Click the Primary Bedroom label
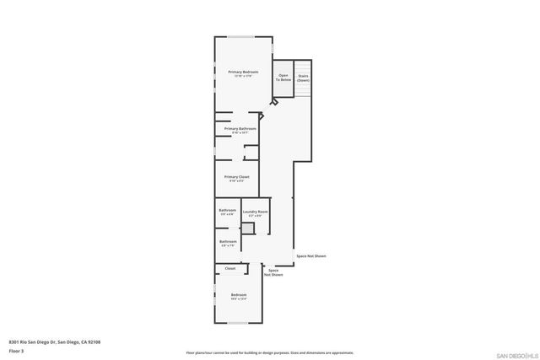(243, 73)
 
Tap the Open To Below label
(283, 77)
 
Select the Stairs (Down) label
(303, 78)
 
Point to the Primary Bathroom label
(240, 130)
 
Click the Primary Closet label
(236, 178)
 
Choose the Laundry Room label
(256, 212)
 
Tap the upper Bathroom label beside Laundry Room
(228, 211)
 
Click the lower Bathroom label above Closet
(228, 243)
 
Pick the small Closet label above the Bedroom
(229, 268)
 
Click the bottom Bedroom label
(239, 295)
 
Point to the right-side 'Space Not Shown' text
(310, 255)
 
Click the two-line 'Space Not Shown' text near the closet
(273, 272)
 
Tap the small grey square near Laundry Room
(248, 228)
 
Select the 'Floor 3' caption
(17, 349)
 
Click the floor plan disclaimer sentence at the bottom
(270, 352)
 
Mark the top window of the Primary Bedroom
(242, 36)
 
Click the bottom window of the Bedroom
(239, 323)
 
